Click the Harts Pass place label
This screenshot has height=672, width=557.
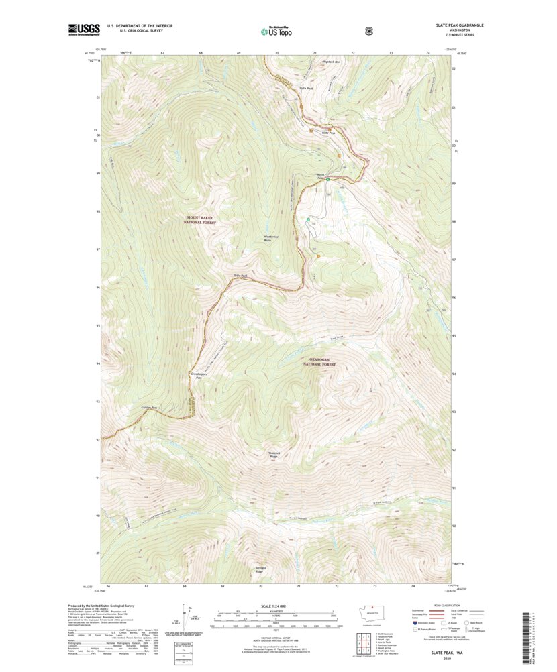321,177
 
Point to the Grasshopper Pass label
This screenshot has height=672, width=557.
198,376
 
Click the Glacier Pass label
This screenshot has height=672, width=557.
149,408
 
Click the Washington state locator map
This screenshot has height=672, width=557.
370,614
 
